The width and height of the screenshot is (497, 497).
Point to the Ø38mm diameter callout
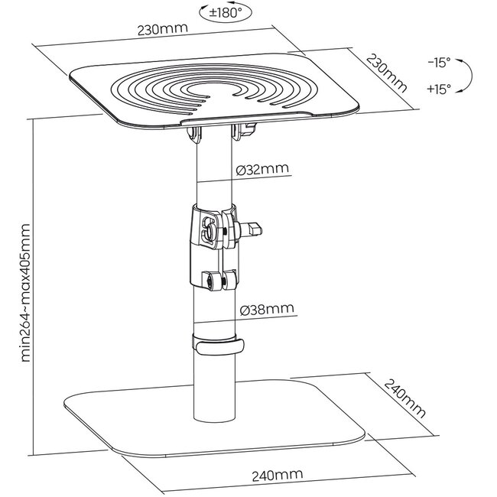[265, 309]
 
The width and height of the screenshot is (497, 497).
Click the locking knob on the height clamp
[252, 228]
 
